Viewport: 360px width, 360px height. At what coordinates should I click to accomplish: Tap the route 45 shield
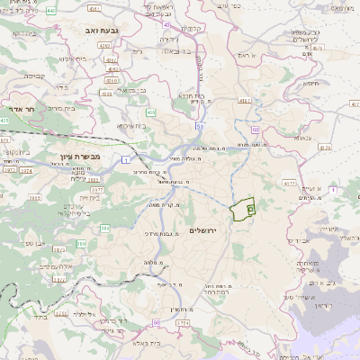tap(166, 39)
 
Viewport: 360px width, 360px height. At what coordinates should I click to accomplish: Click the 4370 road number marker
tap(324, 147)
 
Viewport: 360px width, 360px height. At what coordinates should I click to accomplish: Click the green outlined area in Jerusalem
tap(241, 210)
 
